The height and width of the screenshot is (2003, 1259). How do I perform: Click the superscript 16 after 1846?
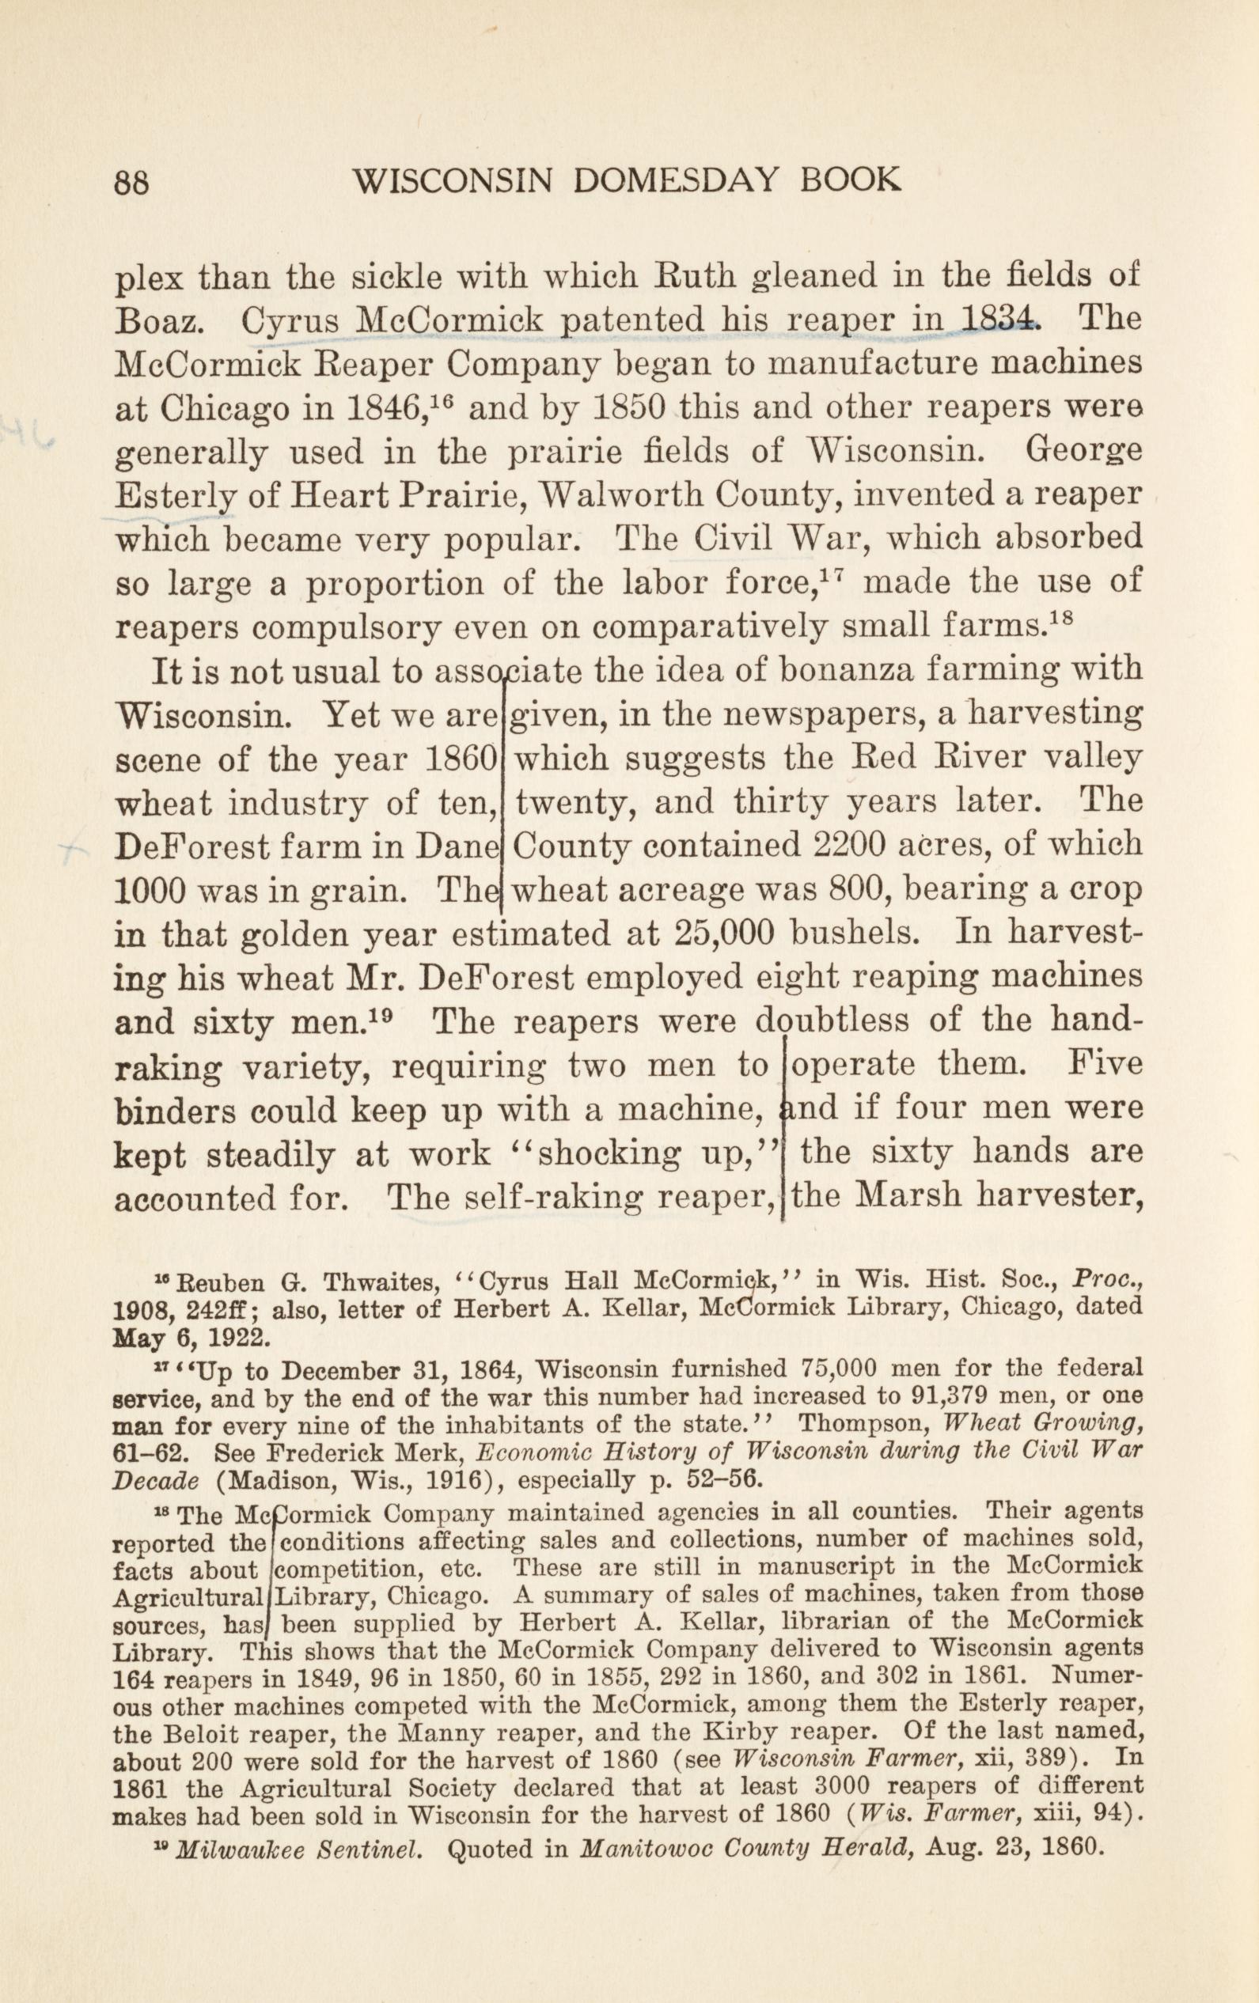(x=443, y=399)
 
